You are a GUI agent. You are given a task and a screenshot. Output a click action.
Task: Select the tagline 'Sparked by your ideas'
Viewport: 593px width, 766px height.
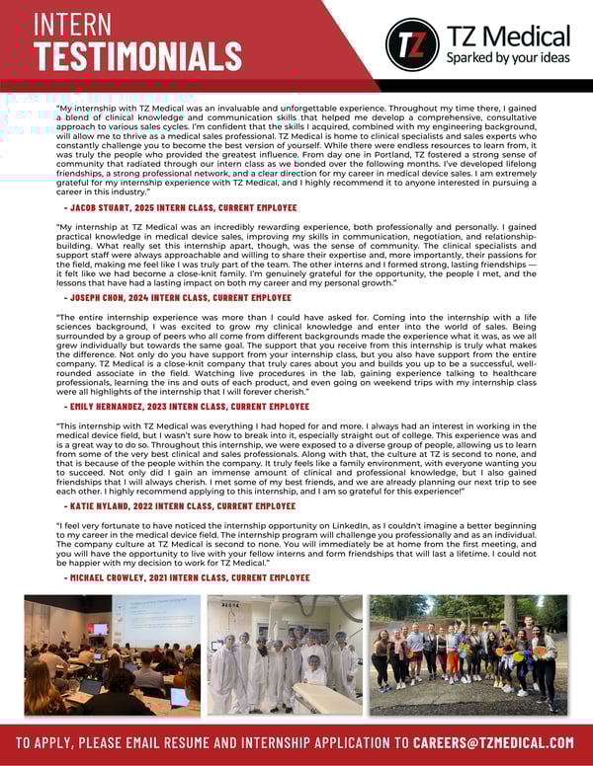[x=508, y=57]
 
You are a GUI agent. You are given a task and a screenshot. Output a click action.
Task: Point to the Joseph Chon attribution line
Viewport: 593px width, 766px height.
[x=178, y=297]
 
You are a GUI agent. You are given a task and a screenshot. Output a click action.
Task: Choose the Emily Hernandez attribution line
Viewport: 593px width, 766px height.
[x=187, y=407]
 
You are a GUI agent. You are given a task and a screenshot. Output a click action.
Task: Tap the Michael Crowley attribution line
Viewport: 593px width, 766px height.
[x=187, y=576]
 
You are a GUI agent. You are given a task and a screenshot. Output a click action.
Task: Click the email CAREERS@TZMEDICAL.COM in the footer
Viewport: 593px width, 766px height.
[x=493, y=742]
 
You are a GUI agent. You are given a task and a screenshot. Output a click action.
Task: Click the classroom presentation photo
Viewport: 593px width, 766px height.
[x=112, y=653]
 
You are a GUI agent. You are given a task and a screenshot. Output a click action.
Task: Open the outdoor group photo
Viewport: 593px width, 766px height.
[x=468, y=653]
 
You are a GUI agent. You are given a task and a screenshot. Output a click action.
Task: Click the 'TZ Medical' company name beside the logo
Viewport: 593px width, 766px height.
[x=508, y=37]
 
